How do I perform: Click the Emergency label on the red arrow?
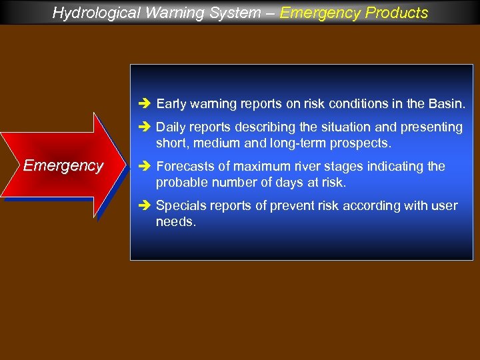[63, 165]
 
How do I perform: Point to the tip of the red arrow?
[125, 165]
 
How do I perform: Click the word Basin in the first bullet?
[448, 104]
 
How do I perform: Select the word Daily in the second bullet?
[171, 127]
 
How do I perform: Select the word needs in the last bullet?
[175, 221]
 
